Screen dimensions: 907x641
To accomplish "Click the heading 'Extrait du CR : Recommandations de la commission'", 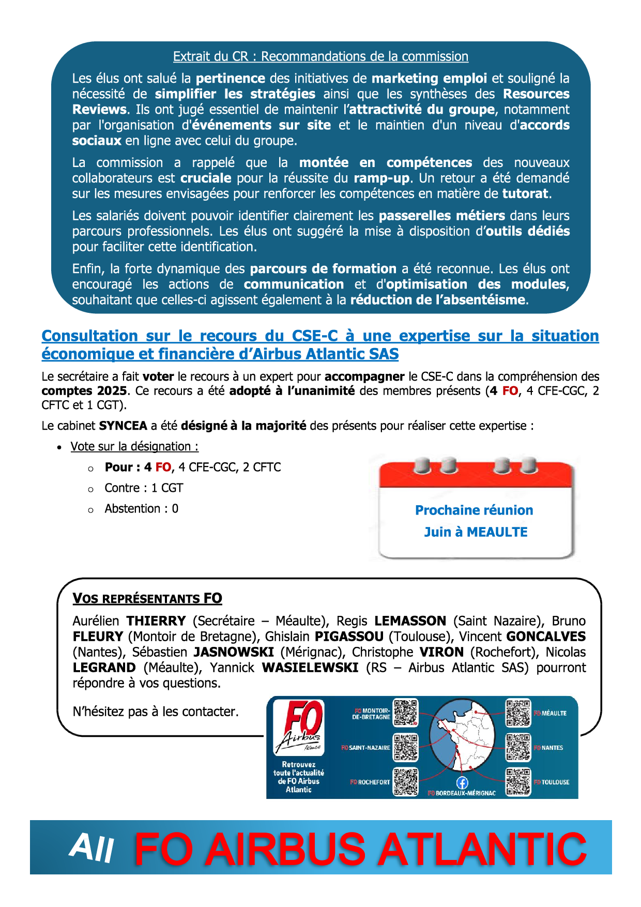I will pyautogui.click(x=320, y=56).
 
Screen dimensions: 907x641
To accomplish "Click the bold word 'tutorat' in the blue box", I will pyautogui.click(x=526, y=194).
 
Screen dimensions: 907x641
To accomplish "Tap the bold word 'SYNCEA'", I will pyautogui.click(x=123, y=426).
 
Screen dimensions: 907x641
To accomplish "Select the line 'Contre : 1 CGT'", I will pyautogui.click(x=144, y=488).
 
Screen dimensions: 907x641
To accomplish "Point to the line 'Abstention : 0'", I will pyautogui.click(x=141, y=509).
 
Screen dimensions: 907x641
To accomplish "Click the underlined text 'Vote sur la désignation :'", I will pyautogui.click(x=134, y=447).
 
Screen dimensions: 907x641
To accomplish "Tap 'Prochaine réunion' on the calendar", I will pyautogui.click(x=474, y=510).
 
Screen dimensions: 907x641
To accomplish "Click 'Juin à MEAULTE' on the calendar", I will pyautogui.click(x=476, y=532).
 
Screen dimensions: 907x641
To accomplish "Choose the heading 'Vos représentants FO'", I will pyautogui.click(x=147, y=599).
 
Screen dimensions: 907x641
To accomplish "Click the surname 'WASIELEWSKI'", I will pyautogui.click(x=310, y=668).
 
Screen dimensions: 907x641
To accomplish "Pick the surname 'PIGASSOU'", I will pyautogui.click(x=349, y=637).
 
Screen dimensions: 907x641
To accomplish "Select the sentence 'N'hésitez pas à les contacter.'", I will pyautogui.click(x=156, y=712).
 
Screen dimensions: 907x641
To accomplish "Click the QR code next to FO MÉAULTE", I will pyautogui.click(x=518, y=713).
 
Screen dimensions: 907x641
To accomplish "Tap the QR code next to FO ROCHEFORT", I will pyautogui.click(x=405, y=781).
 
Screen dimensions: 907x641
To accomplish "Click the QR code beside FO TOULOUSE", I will pyautogui.click(x=518, y=781).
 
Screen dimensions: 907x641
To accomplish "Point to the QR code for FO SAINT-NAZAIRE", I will pyautogui.click(x=405, y=747).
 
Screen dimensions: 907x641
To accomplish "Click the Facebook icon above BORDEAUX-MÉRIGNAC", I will pyautogui.click(x=462, y=783).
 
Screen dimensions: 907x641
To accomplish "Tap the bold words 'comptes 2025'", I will pyautogui.click(x=84, y=391).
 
